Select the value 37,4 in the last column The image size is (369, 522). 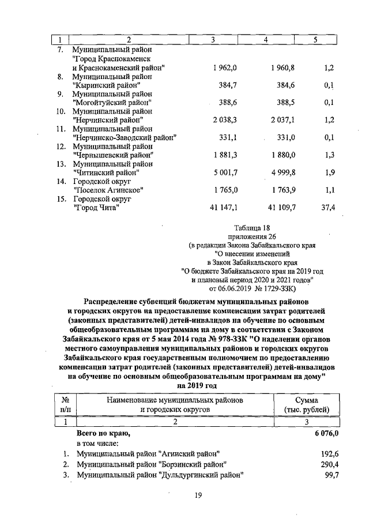click(328, 208)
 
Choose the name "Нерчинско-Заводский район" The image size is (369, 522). click(124, 137)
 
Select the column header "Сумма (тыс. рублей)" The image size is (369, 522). click(311, 404)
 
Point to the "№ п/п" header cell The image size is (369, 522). click(65, 404)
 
